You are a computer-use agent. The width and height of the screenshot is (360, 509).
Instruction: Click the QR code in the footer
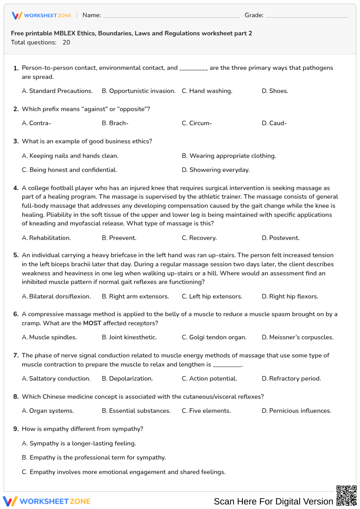tap(346, 495)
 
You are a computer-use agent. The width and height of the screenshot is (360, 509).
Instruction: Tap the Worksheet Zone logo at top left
tap(41, 15)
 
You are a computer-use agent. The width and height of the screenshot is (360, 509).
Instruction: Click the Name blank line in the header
tap(171, 15)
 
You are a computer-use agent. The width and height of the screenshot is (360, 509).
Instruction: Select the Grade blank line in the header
tap(306, 15)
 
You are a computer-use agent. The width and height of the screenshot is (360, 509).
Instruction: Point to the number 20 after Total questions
tap(66, 42)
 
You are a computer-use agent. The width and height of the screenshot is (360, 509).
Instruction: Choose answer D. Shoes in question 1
tap(275, 91)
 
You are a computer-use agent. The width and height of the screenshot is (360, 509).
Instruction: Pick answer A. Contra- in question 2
tap(37, 123)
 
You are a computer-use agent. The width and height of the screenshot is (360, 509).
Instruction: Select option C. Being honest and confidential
tap(69, 170)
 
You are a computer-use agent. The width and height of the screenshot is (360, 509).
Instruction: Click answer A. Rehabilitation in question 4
tap(46, 238)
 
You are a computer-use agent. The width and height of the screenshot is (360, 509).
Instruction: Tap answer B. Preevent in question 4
tap(119, 238)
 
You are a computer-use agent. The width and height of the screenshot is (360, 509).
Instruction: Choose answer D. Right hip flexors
tap(290, 296)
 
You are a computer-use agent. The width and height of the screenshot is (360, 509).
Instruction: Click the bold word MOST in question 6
tap(92, 323)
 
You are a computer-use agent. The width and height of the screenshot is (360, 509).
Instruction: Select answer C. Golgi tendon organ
tap(214, 337)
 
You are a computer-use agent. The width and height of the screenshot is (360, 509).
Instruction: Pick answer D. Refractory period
tap(291, 378)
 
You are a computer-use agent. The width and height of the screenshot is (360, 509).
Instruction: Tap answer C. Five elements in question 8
tap(207, 411)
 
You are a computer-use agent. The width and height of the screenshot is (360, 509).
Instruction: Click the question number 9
tap(15, 429)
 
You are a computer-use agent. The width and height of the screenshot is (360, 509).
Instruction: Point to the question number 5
tap(15, 255)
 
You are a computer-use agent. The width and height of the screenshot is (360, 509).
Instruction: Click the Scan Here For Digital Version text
tap(273, 501)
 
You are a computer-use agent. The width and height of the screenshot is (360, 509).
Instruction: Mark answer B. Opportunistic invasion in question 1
tap(138, 91)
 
